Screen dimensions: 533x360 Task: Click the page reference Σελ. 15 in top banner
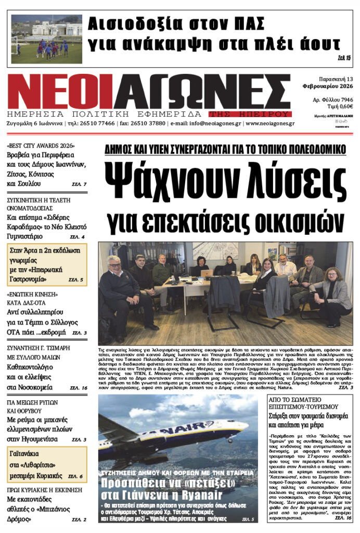(x=344, y=57)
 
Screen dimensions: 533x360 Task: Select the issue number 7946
(x=345, y=99)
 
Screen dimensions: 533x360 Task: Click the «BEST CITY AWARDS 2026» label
(x=41, y=146)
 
